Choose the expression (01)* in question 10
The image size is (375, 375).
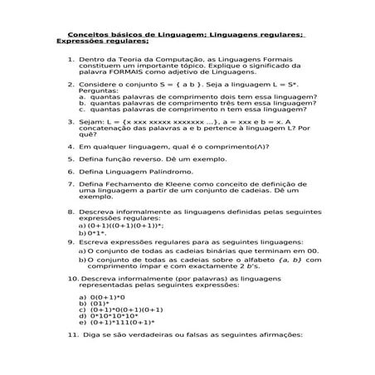coord(99,304)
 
